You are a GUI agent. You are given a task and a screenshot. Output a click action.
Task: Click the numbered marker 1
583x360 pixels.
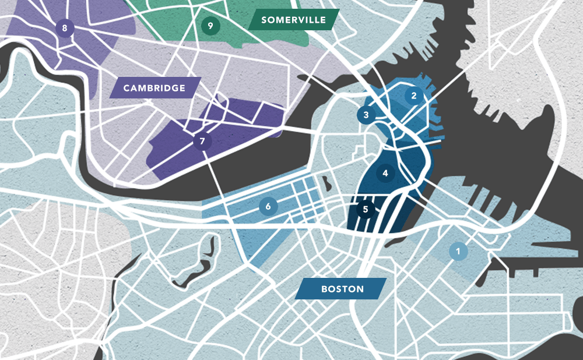[x=458, y=251]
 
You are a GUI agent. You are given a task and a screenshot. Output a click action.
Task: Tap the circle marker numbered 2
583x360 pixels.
[x=414, y=96]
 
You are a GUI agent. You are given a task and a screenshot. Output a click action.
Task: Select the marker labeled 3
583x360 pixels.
[x=366, y=115]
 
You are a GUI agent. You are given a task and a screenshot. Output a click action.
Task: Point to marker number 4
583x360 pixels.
[x=385, y=172]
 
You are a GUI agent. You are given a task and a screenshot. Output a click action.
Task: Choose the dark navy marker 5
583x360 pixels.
[x=366, y=209]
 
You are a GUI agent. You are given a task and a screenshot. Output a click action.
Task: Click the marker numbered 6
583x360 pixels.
[x=268, y=206]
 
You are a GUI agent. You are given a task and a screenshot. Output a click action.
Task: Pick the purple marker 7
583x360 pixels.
[x=202, y=141]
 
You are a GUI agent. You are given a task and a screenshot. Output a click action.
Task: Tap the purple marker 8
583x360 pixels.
[x=65, y=27]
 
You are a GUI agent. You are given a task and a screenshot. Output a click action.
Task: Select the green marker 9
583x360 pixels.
[x=210, y=25]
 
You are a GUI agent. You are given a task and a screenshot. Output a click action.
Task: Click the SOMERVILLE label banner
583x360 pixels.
[x=293, y=20]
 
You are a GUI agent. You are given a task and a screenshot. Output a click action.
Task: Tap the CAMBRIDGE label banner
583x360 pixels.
[x=154, y=88]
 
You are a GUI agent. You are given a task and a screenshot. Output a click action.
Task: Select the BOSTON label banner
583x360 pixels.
[x=341, y=289]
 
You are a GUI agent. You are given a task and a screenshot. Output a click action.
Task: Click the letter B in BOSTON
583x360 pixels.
[x=324, y=289]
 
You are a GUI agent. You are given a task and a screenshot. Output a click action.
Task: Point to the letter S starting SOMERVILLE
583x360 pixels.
[x=264, y=20]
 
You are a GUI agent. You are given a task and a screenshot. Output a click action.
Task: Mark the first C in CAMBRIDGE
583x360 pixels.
[x=127, y=88]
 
